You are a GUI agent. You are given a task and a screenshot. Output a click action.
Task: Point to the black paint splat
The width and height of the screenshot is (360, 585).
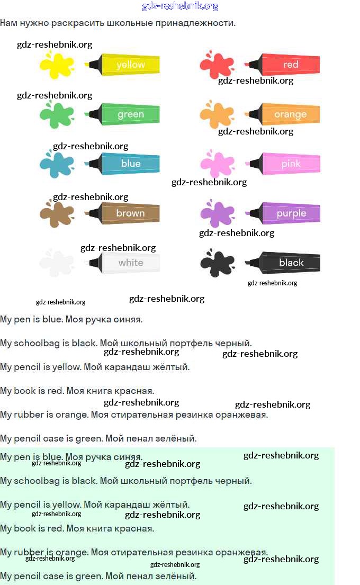217,263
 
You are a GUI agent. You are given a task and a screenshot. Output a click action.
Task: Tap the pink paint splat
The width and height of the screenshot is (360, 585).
217,165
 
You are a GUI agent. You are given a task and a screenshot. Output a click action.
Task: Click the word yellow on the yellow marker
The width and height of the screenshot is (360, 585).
131,65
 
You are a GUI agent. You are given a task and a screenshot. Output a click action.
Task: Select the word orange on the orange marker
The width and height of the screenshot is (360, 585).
290,114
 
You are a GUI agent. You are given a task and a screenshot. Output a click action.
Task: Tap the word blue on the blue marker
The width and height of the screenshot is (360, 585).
131,164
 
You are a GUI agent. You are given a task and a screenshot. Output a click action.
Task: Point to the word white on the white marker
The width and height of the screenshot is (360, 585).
131,263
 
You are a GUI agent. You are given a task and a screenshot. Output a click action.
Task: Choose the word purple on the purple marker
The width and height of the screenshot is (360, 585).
291,213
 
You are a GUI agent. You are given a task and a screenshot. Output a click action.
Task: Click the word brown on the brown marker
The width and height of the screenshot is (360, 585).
131,213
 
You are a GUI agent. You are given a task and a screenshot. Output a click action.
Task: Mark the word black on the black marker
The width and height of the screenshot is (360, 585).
291,263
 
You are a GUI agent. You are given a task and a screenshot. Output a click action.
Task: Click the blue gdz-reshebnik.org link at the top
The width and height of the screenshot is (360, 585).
180,6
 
